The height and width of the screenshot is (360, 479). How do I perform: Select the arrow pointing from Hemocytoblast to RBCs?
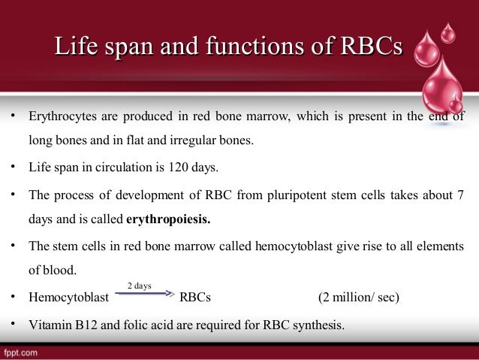(x=144, y=295)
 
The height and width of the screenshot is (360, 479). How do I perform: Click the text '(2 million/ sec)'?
(x=359, y=298)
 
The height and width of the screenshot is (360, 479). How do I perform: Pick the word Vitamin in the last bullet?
(x=49, y=325)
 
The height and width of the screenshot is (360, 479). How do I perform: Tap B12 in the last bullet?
(x=85, y=325)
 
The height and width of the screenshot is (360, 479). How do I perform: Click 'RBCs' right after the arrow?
(x=195, y=298)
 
